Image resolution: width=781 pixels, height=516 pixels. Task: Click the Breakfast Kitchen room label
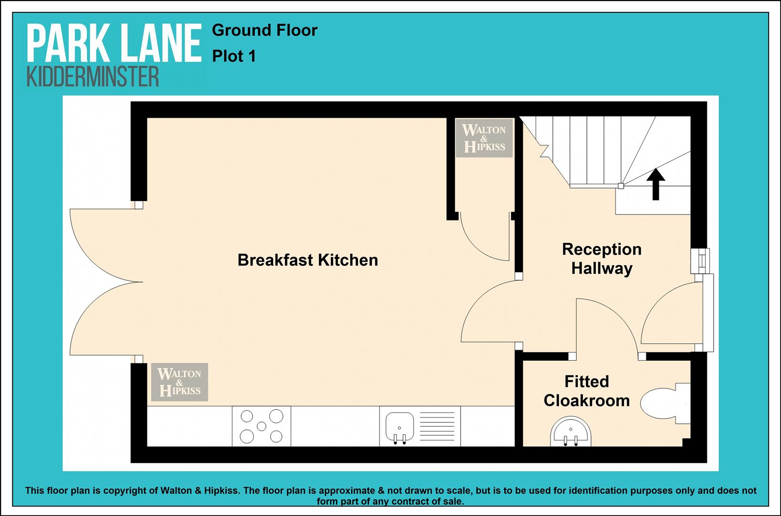click(307, 260)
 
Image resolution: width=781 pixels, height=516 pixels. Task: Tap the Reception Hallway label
click(602, 259)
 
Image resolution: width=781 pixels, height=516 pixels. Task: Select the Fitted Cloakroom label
click(587, 391)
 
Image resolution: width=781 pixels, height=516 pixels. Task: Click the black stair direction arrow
click(656, 184)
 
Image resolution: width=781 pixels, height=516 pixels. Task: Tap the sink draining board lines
click(437, 426)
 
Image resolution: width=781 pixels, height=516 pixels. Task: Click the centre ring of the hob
click(262, 426)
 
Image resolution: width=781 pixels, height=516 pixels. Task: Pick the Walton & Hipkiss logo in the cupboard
click(484, 138)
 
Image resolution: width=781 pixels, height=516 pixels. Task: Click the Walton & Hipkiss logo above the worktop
click(179, 382)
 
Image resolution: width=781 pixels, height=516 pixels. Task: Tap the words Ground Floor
click(264, 31)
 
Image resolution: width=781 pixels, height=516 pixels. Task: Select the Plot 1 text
click(234, 56)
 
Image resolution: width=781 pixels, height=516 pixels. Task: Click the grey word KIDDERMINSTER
click(93, 76)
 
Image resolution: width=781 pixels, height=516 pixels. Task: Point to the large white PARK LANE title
click(115, 43)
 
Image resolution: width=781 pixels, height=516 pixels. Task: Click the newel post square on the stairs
click(621, 186)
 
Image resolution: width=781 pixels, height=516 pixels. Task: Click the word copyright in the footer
click(126, 491)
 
